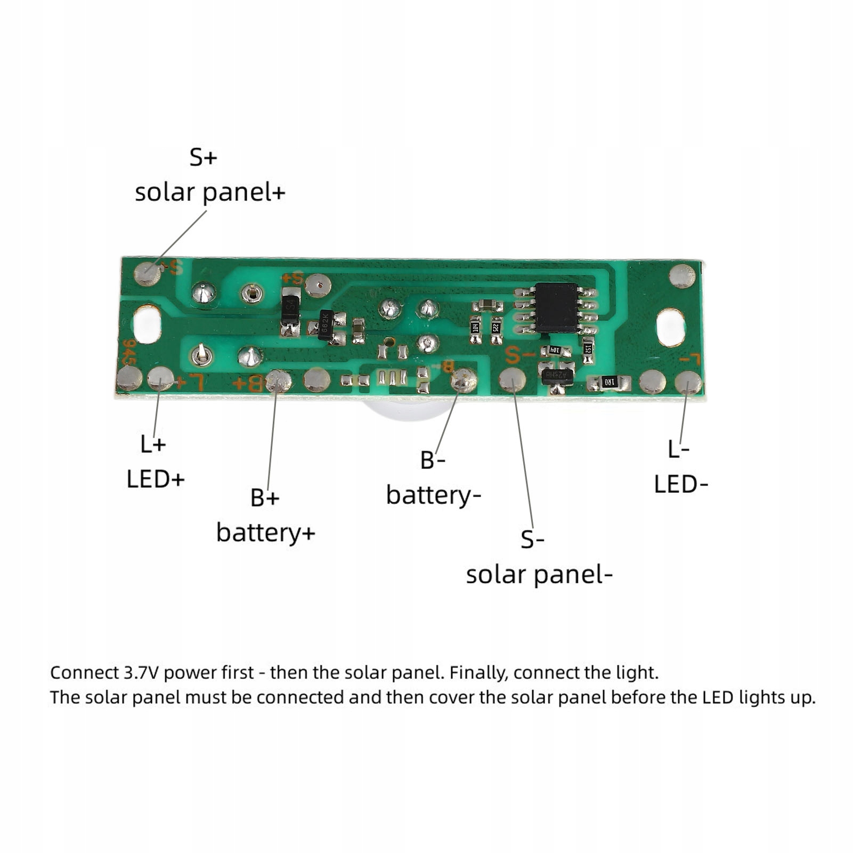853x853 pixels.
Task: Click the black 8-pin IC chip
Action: (x=556, y=307)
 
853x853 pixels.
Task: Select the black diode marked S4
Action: (x=290, y=307)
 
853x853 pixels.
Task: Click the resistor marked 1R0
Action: (x=609, y=381)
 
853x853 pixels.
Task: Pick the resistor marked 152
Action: (x=588, y=348)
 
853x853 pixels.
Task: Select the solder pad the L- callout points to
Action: (x=688, y=383)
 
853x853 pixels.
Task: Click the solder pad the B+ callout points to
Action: (x=278, y=380)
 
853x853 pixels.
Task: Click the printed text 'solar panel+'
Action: (x=210, y=192)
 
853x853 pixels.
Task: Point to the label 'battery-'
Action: (x=433, y=495)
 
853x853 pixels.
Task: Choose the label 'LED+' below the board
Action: (x=156, y=479)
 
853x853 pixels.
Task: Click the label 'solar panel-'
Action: (x=539, y=574)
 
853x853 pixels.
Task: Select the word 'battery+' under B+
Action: (x=266, y=532)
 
